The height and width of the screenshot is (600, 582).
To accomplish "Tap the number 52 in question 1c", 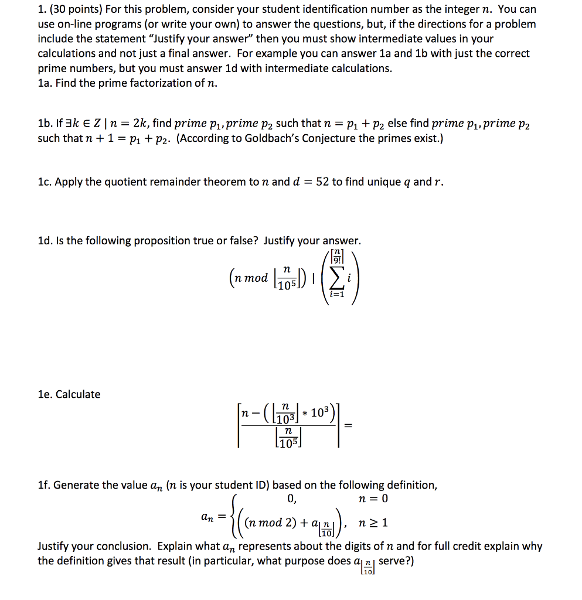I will point(322,182).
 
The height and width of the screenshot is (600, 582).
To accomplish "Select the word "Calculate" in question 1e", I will point(78,394).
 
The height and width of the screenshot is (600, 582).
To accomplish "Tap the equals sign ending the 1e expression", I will point(349,426).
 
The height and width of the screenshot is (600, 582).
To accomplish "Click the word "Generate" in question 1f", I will point(76,486).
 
